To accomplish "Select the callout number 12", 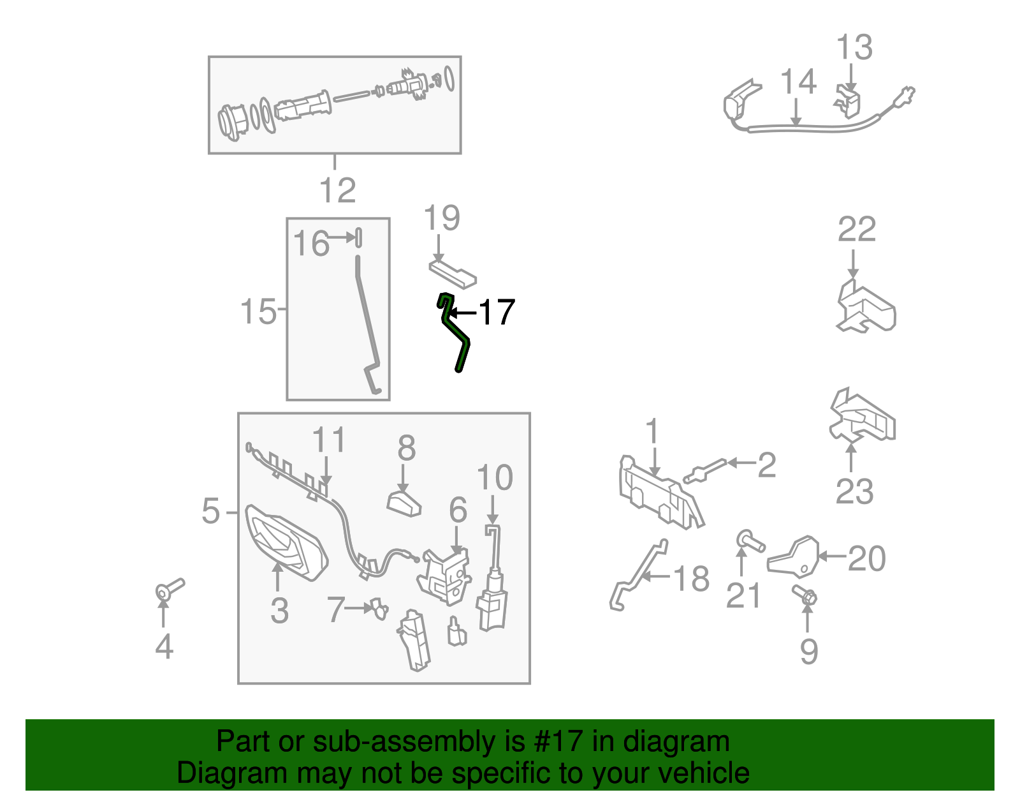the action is [337, 190].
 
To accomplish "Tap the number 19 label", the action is [441, 218].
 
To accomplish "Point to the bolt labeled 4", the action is [169, 589].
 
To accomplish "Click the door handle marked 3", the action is [286, 543].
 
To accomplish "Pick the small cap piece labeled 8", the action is [404, 504].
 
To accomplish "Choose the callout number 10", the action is [495, 478].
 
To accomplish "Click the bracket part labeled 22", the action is [866, 307].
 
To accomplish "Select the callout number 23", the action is [854, 492].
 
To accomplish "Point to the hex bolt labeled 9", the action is [805, 595].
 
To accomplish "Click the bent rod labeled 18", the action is [637, 576].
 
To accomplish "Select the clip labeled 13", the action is [848, 101].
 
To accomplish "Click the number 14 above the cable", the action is [798, 81].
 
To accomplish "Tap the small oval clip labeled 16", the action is [359, 237].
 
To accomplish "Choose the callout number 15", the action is [258, 311].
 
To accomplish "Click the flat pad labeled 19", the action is [453, 275].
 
